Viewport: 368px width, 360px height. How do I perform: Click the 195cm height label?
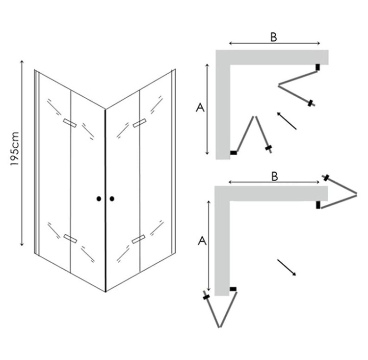15,148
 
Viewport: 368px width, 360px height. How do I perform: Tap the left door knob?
99,199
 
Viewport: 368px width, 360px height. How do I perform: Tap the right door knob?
112,199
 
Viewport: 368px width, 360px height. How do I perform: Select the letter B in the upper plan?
274,37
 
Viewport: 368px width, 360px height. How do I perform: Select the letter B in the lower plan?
275,176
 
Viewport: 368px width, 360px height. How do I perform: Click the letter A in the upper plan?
200,108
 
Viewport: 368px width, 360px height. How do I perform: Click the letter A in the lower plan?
202,241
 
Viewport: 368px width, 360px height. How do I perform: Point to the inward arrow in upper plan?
287,121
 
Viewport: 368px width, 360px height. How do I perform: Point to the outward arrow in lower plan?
287,267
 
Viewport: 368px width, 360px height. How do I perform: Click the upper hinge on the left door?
70,123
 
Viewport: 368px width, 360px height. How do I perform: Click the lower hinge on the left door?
70,238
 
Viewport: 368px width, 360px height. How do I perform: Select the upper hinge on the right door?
139,123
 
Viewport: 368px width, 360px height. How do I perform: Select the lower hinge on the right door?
138,239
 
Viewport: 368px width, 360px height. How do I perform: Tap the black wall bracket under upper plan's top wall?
318,67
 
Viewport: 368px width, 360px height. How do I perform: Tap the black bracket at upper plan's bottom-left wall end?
234,153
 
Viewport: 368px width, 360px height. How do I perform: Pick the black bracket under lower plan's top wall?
318,205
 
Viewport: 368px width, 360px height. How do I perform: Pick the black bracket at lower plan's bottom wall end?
233,289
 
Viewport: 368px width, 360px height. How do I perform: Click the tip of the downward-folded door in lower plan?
220,327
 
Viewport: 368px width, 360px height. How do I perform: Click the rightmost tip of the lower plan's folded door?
356,194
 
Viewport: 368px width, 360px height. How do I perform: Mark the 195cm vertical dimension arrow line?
22,153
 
